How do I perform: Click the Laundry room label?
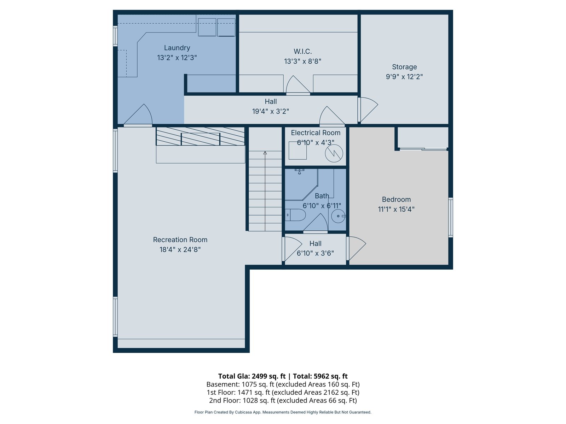177,48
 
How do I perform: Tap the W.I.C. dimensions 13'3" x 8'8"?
302,61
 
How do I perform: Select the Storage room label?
404,67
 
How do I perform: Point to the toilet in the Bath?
295,215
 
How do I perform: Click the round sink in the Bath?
338,216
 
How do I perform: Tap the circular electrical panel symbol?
334,153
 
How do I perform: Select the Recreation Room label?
180,240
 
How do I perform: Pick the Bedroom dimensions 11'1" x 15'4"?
396,209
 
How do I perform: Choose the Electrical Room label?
316,132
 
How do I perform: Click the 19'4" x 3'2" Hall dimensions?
271,111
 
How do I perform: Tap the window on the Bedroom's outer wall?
450,217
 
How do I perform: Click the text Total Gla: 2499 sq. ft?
252,376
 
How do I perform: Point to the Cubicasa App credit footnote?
283,412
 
